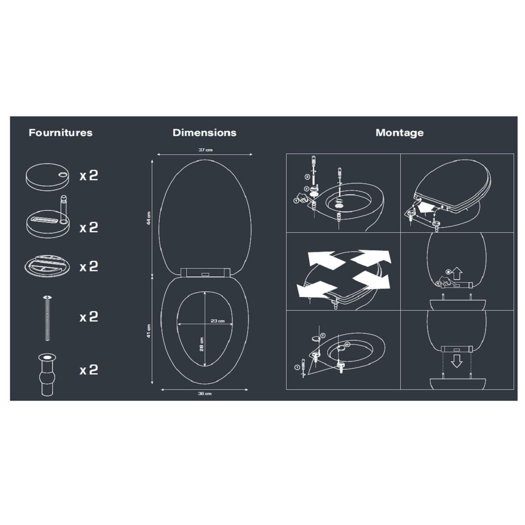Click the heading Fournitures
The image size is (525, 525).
click(60, 133)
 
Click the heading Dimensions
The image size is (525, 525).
click(204, 133)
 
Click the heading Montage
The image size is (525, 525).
click(399, 133)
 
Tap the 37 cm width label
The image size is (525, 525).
click(205, 150)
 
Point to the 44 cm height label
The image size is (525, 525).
click(149, 217)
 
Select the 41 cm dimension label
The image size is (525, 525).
click(149, 331)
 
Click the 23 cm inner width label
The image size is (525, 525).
click(217, 321)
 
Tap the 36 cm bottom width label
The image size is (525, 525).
click(204, 394)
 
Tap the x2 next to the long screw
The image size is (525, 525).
click(88, 317)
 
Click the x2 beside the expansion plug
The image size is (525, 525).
click(88, 370)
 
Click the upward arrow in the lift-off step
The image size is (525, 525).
click(457, 273)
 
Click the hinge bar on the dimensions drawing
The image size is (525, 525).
click(204, 272)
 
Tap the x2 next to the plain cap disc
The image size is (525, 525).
click(88, 175)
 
